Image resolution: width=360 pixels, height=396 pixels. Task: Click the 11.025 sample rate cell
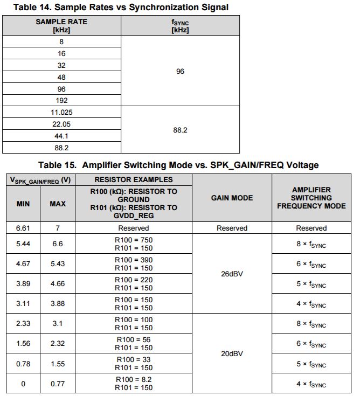(x=62, y=112)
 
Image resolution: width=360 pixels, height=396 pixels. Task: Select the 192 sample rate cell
(x=62, y=100)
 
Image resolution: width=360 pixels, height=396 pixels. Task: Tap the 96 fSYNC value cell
(x=180, y=71)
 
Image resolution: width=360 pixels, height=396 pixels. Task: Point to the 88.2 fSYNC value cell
(x=180, y=130)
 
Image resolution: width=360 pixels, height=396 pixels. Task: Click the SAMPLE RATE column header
(x=61, y=25)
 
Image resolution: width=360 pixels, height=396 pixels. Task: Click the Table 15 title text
(x=178, y=165)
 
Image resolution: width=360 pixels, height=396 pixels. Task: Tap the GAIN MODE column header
(x=232, y=198)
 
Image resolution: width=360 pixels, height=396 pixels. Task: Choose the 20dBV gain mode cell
(x=232, y=353)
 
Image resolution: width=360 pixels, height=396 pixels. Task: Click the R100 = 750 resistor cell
(x=134, y=245)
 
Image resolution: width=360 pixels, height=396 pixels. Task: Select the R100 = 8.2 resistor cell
(x=134, y=384)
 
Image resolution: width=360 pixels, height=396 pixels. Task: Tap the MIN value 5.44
(x=23, y=244)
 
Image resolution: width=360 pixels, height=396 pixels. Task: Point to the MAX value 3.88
(x=58, y=303)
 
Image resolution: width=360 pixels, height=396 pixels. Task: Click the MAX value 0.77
(x=58, y=384)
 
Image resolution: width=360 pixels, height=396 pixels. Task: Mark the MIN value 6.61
(x=23, y=228)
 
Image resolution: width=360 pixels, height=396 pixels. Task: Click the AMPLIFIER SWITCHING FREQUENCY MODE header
(x=311, y=198)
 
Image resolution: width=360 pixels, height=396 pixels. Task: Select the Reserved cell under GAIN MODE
(x=232, y=228)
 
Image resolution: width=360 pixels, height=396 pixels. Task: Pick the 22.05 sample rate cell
(x=62, y=124)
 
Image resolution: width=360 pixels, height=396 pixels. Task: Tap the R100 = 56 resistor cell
(x=134, y=344)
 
